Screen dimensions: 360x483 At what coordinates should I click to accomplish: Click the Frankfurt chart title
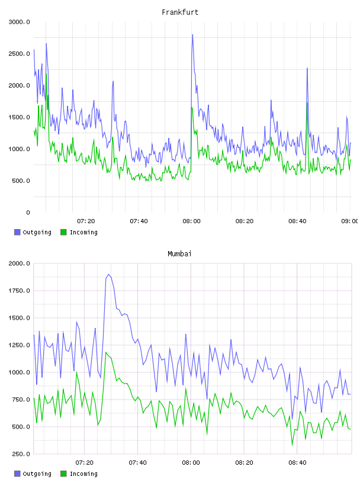tap(180, 12)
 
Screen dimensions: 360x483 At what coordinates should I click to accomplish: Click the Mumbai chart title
tap(179, 254)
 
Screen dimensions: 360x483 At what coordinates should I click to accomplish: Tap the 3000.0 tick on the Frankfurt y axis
tap(19, 22)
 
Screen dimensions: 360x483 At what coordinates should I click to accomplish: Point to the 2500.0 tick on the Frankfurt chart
tap(19, 54)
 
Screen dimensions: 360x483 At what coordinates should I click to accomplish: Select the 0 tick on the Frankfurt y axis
tap(28, 212)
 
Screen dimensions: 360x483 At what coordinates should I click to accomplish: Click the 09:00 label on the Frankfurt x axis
tap(349, 221)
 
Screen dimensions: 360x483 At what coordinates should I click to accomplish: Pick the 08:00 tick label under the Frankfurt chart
tap(191, 221)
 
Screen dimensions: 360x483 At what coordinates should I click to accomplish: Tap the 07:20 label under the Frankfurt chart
tap(86, 221)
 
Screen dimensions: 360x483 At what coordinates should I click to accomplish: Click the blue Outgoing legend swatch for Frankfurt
tap(17, 232)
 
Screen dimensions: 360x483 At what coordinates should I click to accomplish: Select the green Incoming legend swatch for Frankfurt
tap(63, 232)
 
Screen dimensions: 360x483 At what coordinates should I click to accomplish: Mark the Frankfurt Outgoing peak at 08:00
tap(192, 34)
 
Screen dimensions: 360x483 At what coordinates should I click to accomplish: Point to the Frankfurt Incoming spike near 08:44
tap(307, 103)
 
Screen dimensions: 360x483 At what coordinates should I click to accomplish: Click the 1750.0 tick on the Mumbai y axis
tap(19, 291)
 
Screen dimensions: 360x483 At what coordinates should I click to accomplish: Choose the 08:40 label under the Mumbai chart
tap(297, 463)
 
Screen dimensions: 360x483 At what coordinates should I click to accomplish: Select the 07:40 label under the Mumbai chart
tap(137, 463)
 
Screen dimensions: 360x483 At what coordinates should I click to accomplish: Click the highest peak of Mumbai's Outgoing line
tap(108, 274)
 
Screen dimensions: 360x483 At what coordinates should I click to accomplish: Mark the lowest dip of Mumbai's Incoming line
tap(292, 445)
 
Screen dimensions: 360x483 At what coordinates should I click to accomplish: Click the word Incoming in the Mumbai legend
tap(83, 474)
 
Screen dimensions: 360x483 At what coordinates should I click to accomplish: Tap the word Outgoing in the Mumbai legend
tap(37, 474)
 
